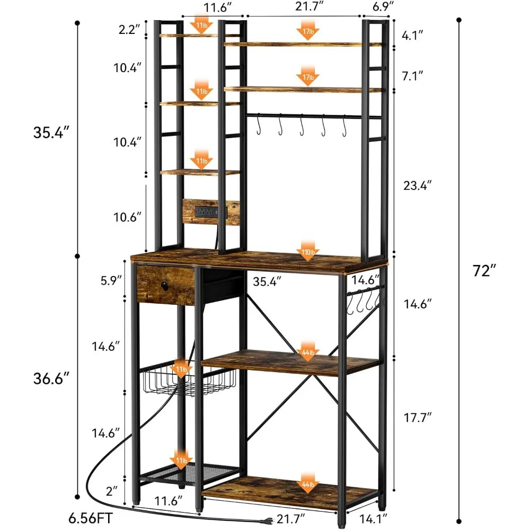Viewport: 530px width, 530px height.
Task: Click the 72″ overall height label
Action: pos(484,271)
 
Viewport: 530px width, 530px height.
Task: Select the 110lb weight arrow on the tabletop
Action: pos(308,248)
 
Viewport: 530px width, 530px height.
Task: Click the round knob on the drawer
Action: pos(164,287)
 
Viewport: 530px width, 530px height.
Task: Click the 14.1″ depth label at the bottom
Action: pos(369,515)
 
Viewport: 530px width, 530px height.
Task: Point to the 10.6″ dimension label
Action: pos(128,217)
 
